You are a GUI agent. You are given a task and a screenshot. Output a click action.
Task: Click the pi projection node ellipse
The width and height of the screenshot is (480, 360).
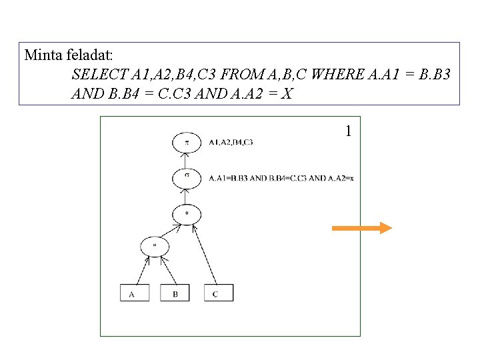pos(187,142)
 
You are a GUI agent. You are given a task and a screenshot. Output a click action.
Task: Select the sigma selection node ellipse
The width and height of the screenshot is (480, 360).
pos(187,178)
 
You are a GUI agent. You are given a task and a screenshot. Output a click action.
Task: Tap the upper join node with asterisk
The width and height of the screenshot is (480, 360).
pos(187,214)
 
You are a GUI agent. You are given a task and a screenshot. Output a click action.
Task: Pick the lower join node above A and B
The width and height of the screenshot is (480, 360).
pos(155,245)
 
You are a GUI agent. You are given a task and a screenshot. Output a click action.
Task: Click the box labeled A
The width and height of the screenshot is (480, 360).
pos(134,293)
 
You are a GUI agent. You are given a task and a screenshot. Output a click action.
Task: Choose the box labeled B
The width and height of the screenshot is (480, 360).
pos(175,293)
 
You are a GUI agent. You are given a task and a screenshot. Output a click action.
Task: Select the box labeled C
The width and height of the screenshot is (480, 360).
pos(219,293)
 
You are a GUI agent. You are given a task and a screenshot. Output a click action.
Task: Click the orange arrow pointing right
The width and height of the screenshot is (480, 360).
pos(361,229)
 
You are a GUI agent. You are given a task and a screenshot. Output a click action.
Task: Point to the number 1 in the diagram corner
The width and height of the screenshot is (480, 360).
pos(348,131)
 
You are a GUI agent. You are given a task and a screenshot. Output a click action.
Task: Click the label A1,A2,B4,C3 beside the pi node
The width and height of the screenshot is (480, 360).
pos(231,142)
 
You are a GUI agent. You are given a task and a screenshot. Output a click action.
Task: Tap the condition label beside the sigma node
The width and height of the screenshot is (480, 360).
pos(281,178)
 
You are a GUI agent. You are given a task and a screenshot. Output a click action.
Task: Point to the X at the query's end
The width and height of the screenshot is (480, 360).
pos(286,93)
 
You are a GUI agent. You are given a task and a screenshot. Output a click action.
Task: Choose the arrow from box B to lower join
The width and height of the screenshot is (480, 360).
pos(167,269)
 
